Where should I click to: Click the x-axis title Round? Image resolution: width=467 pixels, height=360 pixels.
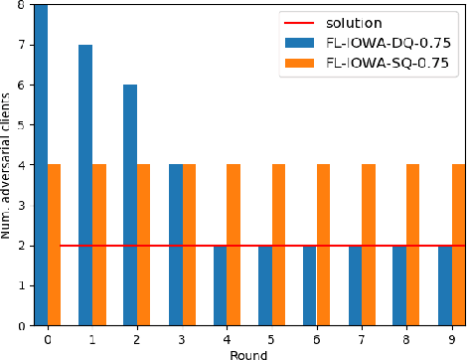point(249,352)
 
